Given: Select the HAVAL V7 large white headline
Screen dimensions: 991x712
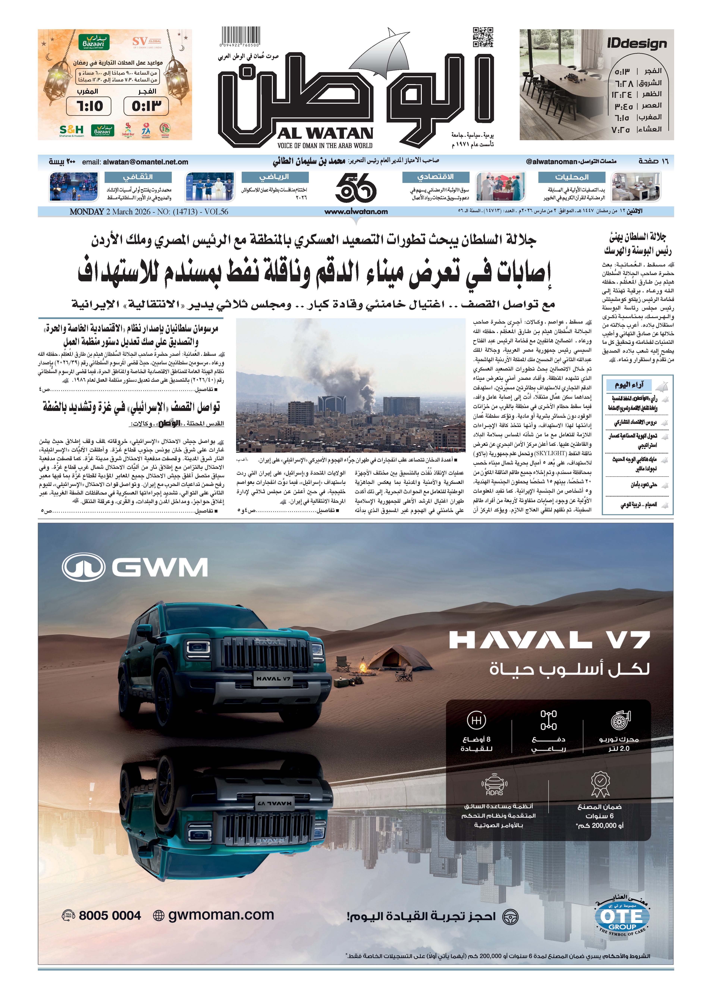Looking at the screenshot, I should [x=549, y=641].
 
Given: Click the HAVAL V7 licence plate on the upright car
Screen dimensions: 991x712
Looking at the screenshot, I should [x=273, y=679].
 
